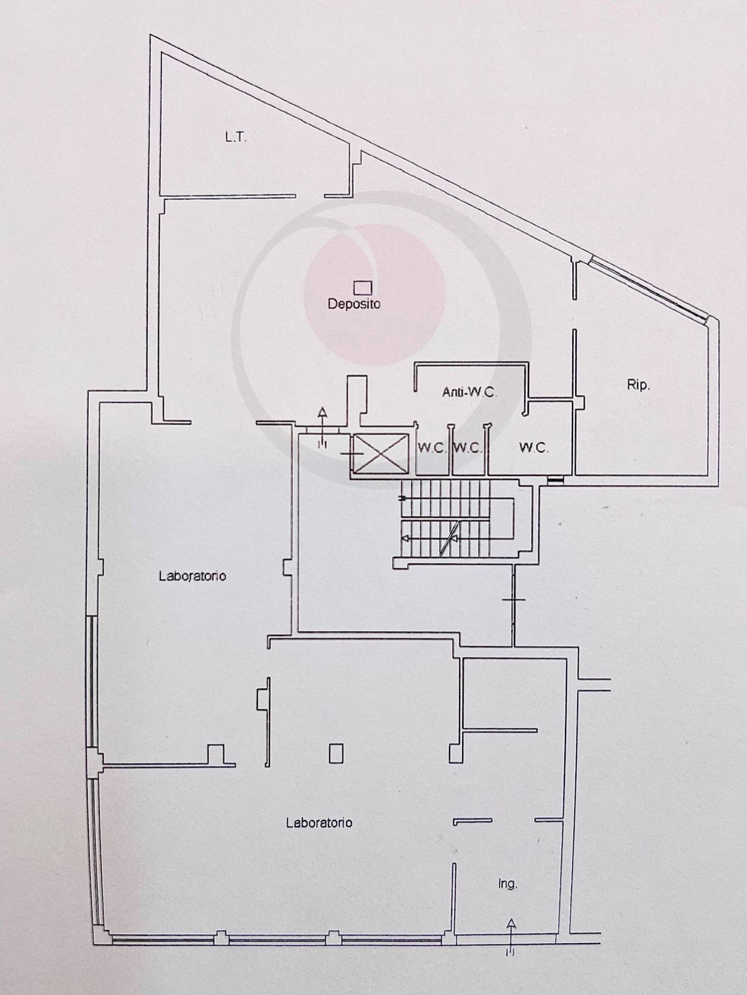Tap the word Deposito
[x=354, y=304]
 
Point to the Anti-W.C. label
[x=469, y=392]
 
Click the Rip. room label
[x=638, y=386]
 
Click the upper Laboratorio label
[x=192, y=576]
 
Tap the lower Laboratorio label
[x=320, y=822]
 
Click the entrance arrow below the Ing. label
[x=511, y=933]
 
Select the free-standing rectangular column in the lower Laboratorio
[x=336, y=753]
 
